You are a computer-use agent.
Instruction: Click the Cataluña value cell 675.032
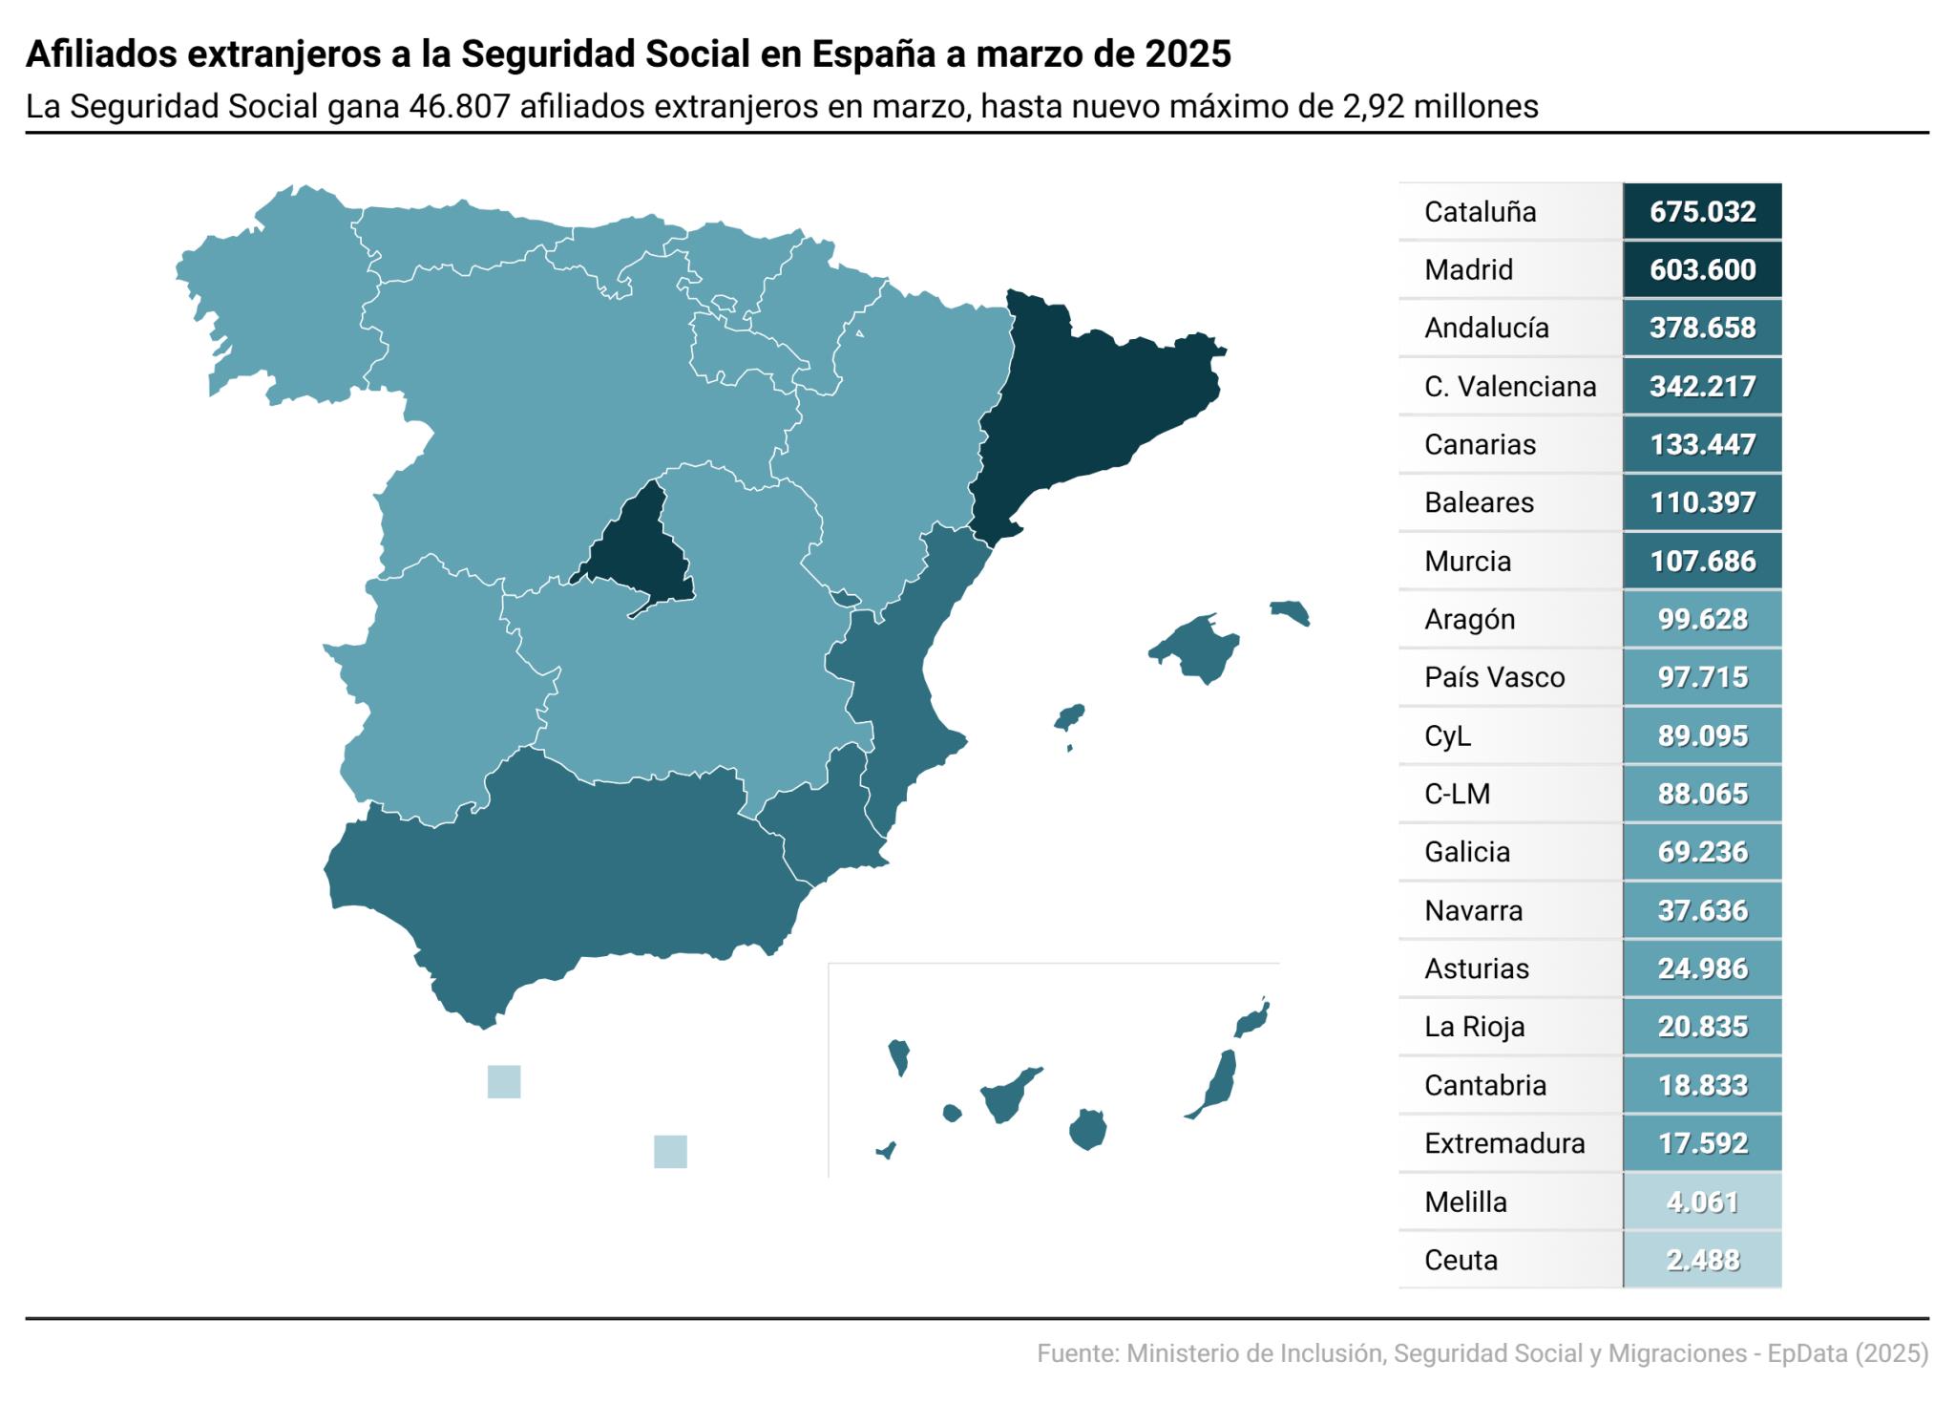[x=1702, y=211]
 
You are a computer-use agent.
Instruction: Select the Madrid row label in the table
[x=1468, y=269]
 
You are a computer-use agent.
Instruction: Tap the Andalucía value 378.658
[x=1702, y=328]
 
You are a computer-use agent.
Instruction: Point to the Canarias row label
[x=1480, y=444]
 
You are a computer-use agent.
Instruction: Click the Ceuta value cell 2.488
[x=1702, y=1260]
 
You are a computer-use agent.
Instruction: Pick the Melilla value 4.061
[x=1702, y=1202]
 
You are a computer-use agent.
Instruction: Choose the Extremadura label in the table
[x=1504, y=1143]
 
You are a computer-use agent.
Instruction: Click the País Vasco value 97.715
[x=1702, y=677]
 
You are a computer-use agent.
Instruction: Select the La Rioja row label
[x=1474, y=1027]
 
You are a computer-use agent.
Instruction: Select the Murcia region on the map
[x=821, y=821]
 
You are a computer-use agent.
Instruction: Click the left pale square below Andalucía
[x=504, y=1081]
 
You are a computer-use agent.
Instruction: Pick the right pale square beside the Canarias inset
[x=670, y=1151]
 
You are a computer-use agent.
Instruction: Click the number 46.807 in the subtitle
[x=459, y=106]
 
